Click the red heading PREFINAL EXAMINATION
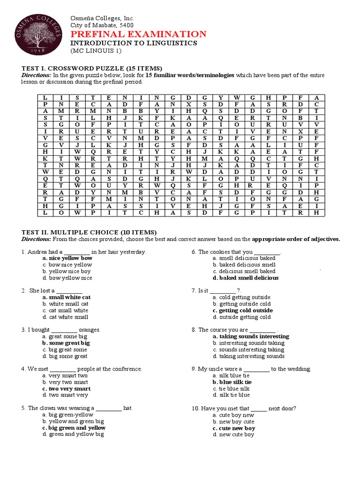pos(138,34)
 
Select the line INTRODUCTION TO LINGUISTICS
pos(134,43)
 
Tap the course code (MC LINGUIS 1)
pos(96,50)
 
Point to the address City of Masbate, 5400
pos(102,25)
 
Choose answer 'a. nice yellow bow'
pos(67,258)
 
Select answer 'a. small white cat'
pos(66,297)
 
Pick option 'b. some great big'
pos(66,343)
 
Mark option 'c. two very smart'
pos(66,389)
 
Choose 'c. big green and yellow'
pos(74,428)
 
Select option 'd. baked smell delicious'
pos(245,278)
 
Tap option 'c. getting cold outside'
pos(242,311)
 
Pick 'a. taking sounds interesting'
pos(250,337)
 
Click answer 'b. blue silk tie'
pos(232,382)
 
